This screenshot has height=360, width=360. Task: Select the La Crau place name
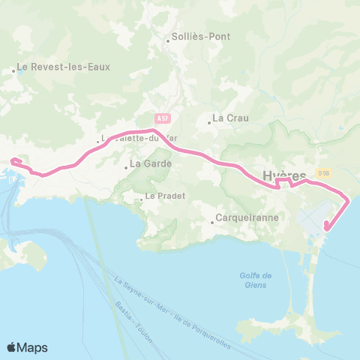pos(229,118)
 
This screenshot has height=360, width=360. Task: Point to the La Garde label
pos(151,163)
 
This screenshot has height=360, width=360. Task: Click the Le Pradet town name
pos(164,197)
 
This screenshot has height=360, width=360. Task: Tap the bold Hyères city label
pos(284,176)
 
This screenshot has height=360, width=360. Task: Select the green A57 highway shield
pos(163,118)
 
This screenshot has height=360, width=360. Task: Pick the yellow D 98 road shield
pos(323,173)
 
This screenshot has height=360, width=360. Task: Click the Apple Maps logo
pos(27,347)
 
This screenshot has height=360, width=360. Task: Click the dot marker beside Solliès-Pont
pos(169,40)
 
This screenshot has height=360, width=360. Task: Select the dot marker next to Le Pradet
pos(141,199)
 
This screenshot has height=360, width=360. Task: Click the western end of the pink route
pos(11,160)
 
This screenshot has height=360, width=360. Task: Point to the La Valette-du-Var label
pos(130,138)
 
